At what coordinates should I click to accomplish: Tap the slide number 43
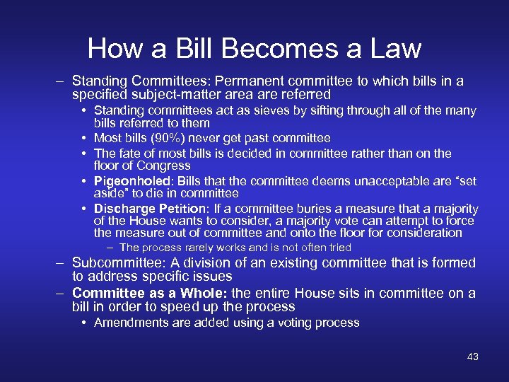coord(473,357)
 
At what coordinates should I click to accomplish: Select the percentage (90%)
coord(171,138)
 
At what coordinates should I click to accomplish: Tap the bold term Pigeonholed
coord(129,182)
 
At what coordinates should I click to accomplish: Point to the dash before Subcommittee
coord(62,262)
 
